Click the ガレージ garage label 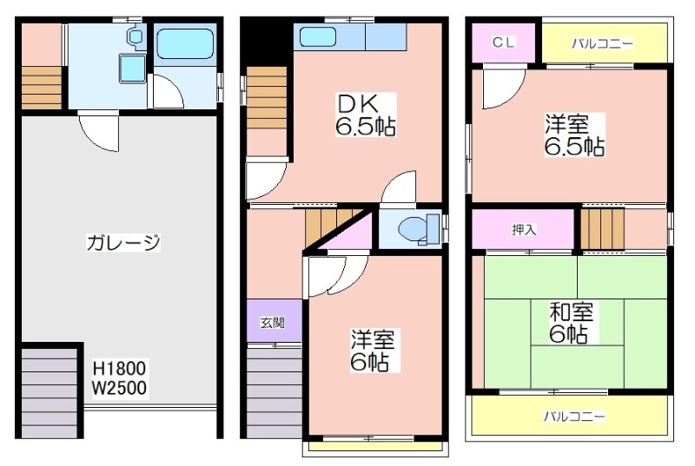coord(122,242)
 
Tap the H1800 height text coord(119,368)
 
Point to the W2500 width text coord(119,388)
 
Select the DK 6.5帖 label coord(365,115)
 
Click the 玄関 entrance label coord(272,323)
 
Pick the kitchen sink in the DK coord(317,36)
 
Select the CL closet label coord(504,43)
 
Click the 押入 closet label coord(524,229)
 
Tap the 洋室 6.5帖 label coord(573,135)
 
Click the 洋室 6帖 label coord(373,350)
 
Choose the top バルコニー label coord(602,43)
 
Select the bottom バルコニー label coord(574,416)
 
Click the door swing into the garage coord(98,133)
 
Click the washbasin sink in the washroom coord(132,69)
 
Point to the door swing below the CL coord(504,87)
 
